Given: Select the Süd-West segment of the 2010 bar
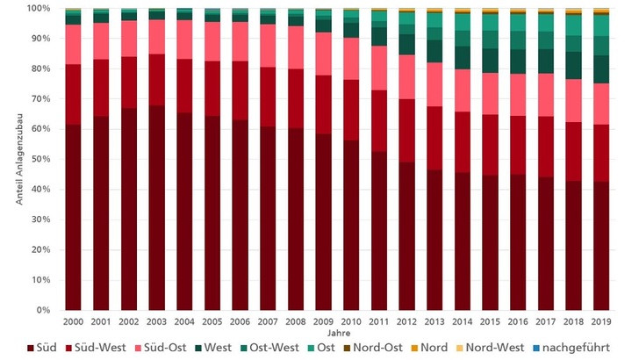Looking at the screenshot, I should point(351,110).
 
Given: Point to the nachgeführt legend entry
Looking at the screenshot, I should point(574,348).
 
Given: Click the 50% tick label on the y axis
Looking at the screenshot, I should point(41,159).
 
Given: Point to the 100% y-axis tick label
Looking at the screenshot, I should point(39,8).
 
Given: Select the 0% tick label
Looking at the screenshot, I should point(44,310).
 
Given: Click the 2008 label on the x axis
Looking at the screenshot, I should point(296,321).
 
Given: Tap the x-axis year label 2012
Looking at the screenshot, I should point(406,321).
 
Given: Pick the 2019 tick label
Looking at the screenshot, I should point(601,321).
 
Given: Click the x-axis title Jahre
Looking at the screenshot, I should point(337,333).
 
